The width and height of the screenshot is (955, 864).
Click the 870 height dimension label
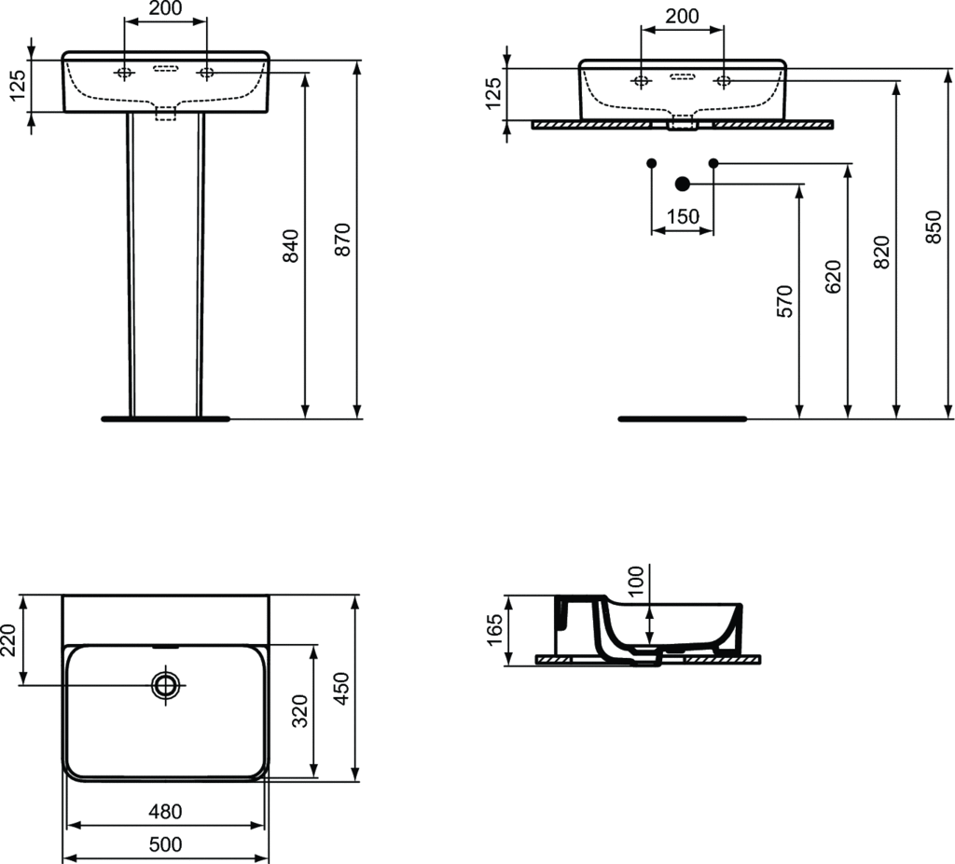(343, 240)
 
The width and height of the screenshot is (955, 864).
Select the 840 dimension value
(291, 245)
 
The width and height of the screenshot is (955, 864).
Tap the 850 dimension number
(933, 227)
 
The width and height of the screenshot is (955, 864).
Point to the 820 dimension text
(881, 252)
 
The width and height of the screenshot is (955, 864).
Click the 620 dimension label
(833, 276)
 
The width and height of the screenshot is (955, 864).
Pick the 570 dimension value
(785, 301)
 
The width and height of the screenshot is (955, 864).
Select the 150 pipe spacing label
(683, 216)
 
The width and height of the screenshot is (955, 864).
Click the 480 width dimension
(166, 811)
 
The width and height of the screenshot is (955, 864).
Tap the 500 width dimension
(166, 843)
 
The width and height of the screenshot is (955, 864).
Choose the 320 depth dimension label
(300, 710)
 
